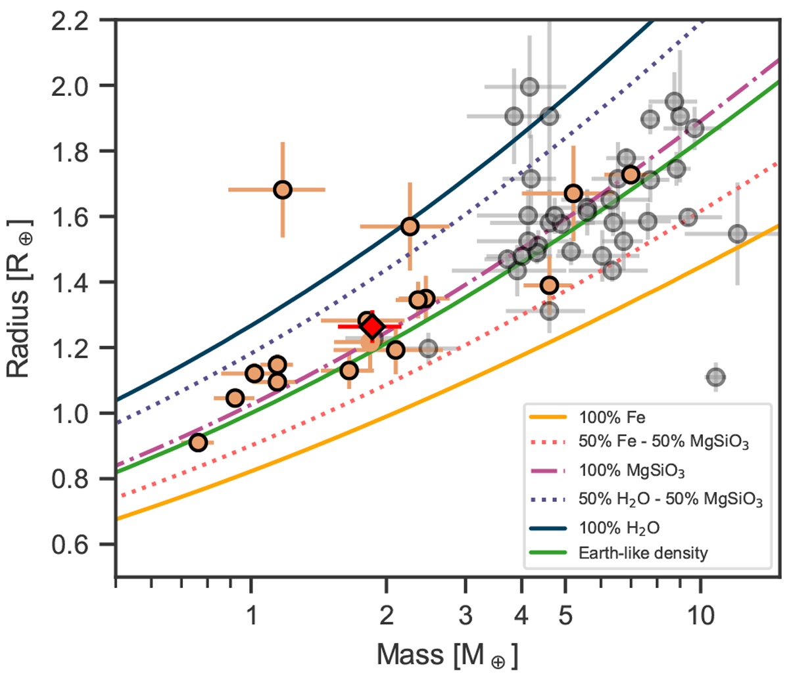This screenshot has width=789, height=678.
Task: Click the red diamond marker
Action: [x=373, y=327]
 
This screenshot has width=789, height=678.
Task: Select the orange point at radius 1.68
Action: [x=283, y=190]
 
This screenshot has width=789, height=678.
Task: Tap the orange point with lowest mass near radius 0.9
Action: [x=198, y=443]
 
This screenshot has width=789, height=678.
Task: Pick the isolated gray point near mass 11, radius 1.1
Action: [x=716, y=377]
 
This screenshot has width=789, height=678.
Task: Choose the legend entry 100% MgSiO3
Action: [x=618, y=471]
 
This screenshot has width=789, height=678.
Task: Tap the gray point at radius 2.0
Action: [x=530, y=87]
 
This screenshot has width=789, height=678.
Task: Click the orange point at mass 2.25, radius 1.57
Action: [x=410, y=227]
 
